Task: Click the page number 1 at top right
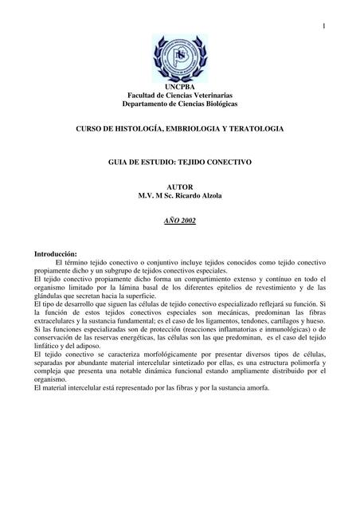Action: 325,29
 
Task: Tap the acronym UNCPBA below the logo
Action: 179,86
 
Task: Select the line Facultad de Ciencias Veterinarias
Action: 179,96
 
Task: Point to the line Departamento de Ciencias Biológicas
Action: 179,105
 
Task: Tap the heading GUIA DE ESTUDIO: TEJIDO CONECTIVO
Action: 179,162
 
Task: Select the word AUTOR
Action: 179,185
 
